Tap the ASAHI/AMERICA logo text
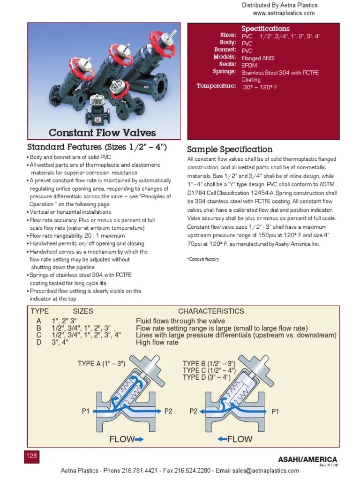click(x=307, y=459)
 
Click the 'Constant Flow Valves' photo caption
click(x=102, y=133)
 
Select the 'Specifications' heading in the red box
click(x=265, y=29)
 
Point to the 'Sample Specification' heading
click(x=230, y=150)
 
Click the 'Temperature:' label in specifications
click(x=216, y=86)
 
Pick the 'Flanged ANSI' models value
click(x=258, y=58)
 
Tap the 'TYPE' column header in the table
click(x=40, y=311)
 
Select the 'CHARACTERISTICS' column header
click(x=211, y=311)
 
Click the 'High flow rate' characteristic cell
click(x=157, y=342)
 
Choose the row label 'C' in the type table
click(x=39, y=335)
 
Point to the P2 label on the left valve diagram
click(x=169, y=411)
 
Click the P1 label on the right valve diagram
click(x=275, y=411)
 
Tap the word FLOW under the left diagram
click(x=121, y=439)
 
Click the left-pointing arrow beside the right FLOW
click(x=222, y=439)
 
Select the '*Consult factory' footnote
click(x=203, y=259)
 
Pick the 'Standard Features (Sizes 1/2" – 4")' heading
click(x=97, y=147)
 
